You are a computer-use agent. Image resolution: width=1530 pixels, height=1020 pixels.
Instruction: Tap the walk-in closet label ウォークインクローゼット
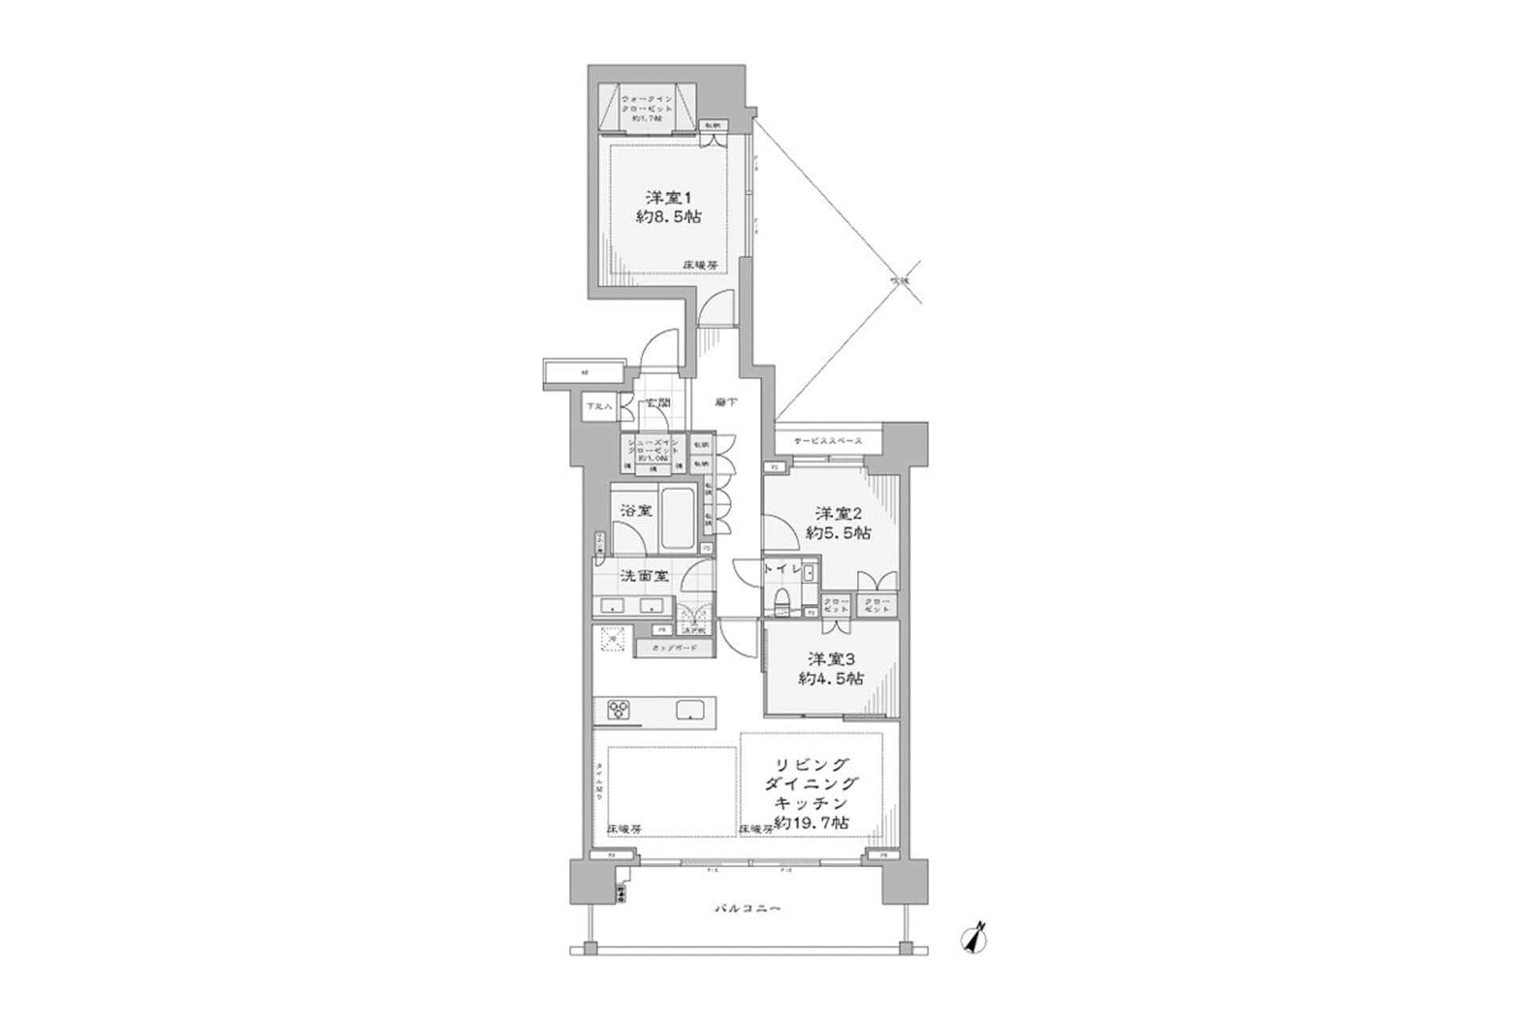click(646, 108)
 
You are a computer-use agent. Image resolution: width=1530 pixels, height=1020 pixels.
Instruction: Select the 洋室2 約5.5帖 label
click(838, 523)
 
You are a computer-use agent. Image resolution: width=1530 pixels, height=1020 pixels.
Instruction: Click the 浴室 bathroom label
click(636, 510)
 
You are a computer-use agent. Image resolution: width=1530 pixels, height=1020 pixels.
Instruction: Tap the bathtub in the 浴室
click(677, 518)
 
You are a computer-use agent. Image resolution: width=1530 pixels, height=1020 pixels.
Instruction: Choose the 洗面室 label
click(644, 575)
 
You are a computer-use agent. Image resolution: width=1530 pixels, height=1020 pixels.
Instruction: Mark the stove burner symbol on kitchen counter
click(618, 709)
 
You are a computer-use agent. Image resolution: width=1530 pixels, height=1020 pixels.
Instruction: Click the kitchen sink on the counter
click(689, 709)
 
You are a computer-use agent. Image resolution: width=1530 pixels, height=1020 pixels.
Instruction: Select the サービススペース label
click(828, 441)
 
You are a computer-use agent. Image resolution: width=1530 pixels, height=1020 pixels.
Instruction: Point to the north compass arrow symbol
click(975, 938)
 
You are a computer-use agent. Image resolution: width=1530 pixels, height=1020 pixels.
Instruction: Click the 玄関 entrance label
click(657, 403)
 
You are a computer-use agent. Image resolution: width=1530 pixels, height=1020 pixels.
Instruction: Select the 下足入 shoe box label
click(598, 406)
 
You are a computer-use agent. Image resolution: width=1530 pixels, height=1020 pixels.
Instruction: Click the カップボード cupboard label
click(674, 648)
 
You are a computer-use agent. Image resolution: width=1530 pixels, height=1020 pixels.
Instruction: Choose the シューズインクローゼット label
click(653, 449)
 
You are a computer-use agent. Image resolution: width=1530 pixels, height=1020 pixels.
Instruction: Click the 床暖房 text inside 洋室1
click(700, 265)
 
